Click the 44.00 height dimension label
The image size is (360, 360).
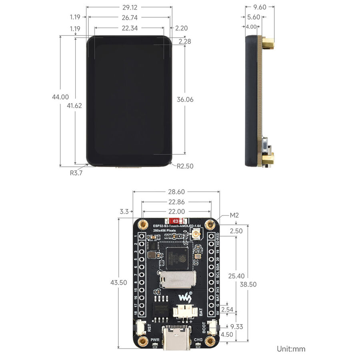click(60, 97)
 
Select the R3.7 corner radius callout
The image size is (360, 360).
click(76, 173)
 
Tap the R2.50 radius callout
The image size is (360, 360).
click(185, 166)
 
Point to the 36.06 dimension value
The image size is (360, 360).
click(185, 100)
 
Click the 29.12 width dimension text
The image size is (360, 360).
click(129, 7)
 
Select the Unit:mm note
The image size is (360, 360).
click(291, 349)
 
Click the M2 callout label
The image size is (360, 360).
click(234, 216)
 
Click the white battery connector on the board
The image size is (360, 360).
click(185, 312)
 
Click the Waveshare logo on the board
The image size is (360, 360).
click(184, 296)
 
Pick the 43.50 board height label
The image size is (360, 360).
click(118, 282)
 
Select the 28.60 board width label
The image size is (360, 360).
click(176, 192)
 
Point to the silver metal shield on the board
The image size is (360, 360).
click(178, 280)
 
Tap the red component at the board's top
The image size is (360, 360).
click(175, 221)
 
